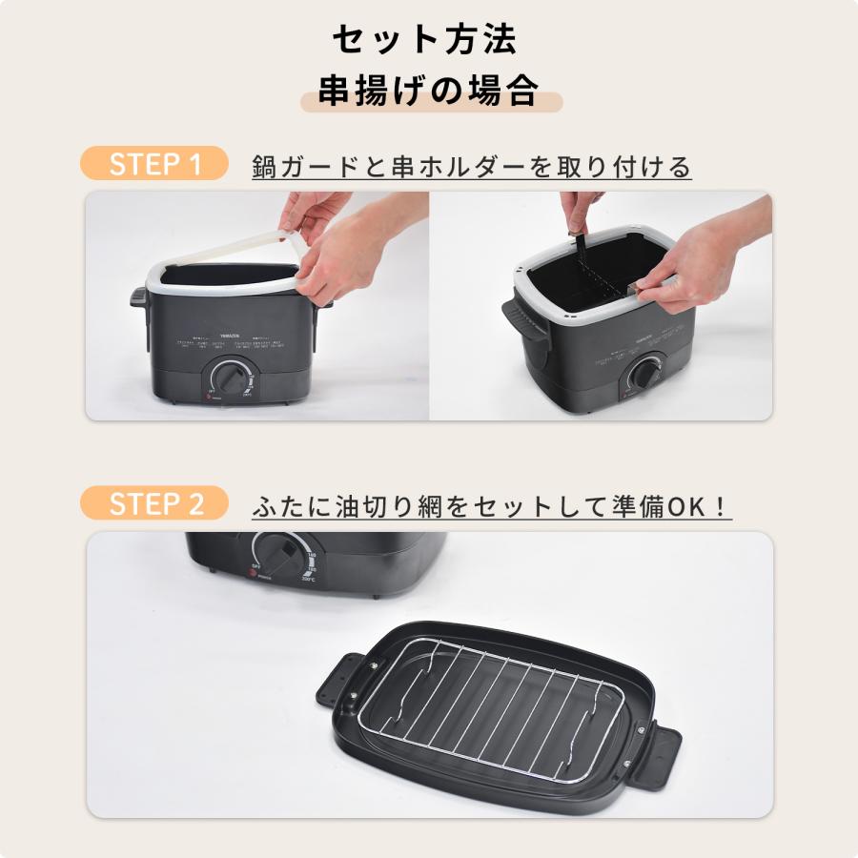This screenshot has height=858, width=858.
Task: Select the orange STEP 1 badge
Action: pyautogui.click(x=155, y=163)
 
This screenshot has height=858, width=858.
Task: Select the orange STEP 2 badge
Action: pyautogui.click(x=155, y=503)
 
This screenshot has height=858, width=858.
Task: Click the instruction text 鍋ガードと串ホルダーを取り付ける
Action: pyautogui.click(x=471, y=167)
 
